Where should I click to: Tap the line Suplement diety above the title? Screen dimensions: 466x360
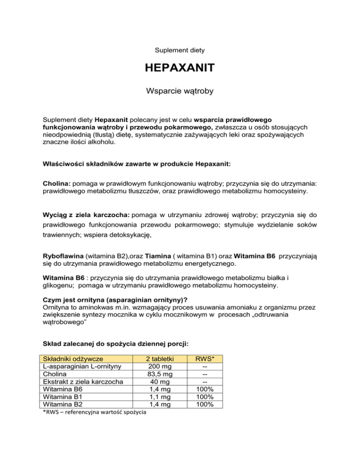(180, 49)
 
